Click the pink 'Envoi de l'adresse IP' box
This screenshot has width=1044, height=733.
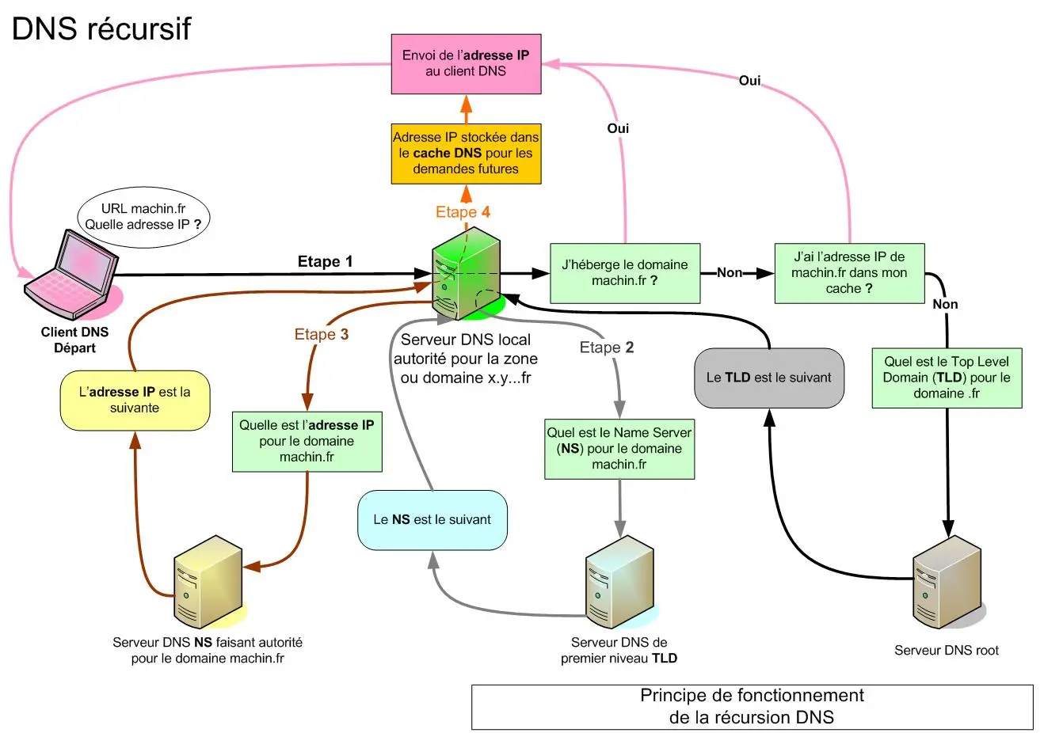click(x=466, y=63)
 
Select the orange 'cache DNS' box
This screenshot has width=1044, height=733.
click(x=466, y=153)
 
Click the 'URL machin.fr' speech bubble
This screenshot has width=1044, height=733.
click(x=143, y=217)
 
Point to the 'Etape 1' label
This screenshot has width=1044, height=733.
click(x=325, y=262)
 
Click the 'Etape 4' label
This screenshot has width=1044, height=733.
click(x=463, y=212)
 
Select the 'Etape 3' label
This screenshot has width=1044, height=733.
click(x=321, y=334)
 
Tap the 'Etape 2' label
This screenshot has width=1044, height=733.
click(x=606, y=348)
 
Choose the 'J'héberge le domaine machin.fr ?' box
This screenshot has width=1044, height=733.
click(x=624, y=273)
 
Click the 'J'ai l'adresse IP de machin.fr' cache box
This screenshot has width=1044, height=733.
click(x=849, y=273)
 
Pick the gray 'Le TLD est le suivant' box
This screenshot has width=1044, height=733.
click(x=768, y=378)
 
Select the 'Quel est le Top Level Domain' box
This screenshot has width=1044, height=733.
click(x=947, y=378)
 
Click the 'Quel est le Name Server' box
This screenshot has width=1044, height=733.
click(x=619, y=449)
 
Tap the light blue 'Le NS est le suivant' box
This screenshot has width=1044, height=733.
click(x=432, y=520)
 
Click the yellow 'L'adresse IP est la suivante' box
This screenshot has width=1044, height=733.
click(x=135, y=401)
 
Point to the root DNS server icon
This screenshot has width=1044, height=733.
click(x=947, y=582)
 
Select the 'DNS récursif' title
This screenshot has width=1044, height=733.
click(x=101, y=28)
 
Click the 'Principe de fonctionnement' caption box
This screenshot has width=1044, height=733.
click(x=752, y=706)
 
